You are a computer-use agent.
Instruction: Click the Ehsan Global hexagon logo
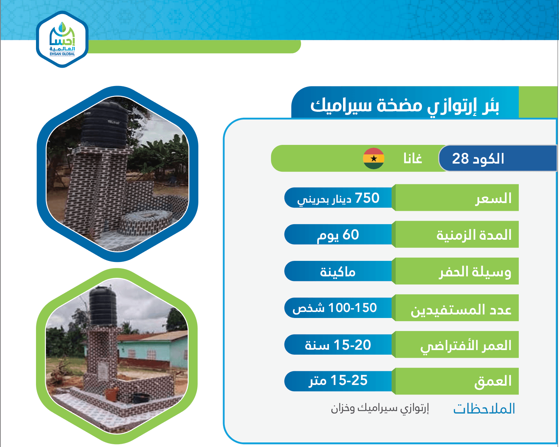[62, 39]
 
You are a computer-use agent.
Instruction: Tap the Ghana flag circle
[373, 158]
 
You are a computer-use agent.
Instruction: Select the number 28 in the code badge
[460, 158]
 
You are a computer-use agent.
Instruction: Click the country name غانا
[413, 158]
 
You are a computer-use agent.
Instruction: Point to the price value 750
[367, 198]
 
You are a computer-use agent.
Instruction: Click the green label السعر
[493, 198]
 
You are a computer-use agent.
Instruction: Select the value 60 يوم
[338, 235]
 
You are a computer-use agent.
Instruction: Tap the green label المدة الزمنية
[474, 235]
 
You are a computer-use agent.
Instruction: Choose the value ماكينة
[337, 272]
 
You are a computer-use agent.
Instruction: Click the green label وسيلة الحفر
[475, 272]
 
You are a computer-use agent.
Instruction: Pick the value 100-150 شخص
[335, 308]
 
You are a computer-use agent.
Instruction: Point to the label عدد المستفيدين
[461, 310]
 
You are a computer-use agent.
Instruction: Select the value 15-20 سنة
[338, 345]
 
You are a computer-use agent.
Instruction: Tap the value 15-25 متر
[338, 381]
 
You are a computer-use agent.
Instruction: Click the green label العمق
[493, 382]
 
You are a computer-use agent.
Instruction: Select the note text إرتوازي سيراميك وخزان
[380, 408]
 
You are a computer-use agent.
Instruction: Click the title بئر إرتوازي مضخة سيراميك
[405, 106]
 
